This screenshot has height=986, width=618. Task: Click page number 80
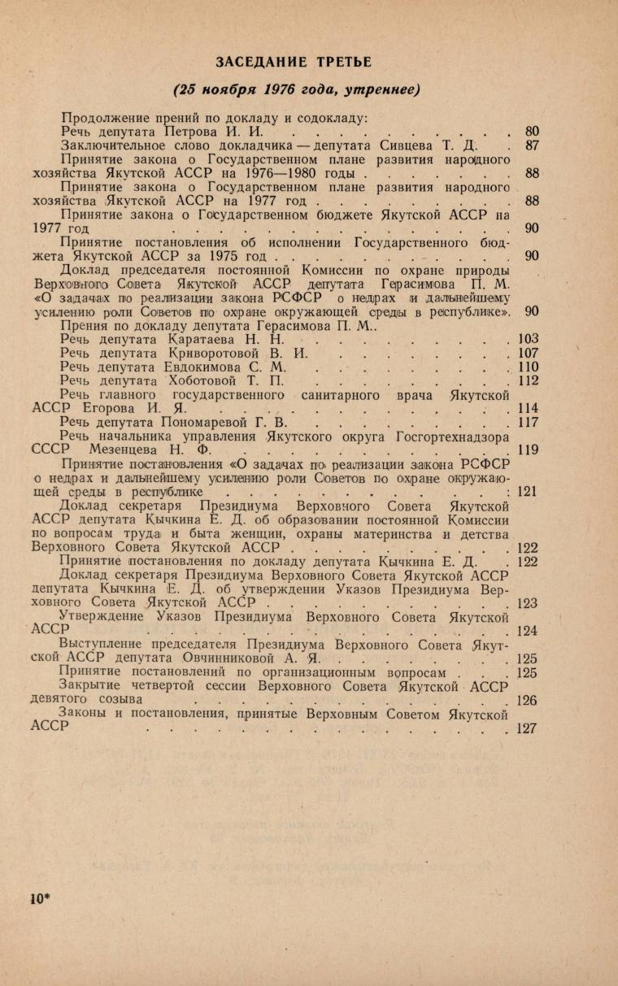[533, 131]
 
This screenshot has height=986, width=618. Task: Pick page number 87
[533, 146]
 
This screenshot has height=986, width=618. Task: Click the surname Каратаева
[206, 338]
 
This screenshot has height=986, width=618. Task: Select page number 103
[529, 339]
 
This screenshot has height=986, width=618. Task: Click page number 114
[529, 409]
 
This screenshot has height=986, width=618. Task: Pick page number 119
[529, 451]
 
